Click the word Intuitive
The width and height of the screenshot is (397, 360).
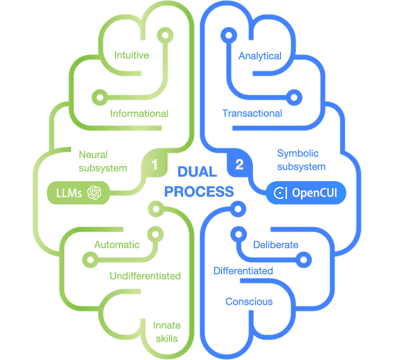(132, 56)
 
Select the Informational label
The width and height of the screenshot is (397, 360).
(139, 114)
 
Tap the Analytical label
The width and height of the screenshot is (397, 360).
(259, 56)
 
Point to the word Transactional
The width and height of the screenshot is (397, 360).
(252, 113)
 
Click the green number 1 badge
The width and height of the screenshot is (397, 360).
(155, 164)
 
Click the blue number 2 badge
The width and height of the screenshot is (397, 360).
(239, 164)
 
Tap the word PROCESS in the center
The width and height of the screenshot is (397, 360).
(199, 192)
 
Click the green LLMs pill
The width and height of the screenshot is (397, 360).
(78, 193)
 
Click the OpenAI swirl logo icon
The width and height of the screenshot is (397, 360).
(93, 193)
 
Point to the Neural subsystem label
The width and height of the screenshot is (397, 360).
(103, 161)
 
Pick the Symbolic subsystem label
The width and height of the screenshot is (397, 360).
(300, 159)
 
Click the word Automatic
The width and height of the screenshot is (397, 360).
(117, 245)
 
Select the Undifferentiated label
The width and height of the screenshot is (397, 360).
(145, 276)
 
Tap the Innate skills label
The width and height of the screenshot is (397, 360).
(167, 332)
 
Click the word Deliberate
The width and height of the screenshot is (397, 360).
(275, 245)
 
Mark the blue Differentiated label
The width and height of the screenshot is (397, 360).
(243, 271)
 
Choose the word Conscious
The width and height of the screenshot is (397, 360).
(249, 302)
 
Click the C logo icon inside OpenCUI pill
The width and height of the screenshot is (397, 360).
(281, 193)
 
